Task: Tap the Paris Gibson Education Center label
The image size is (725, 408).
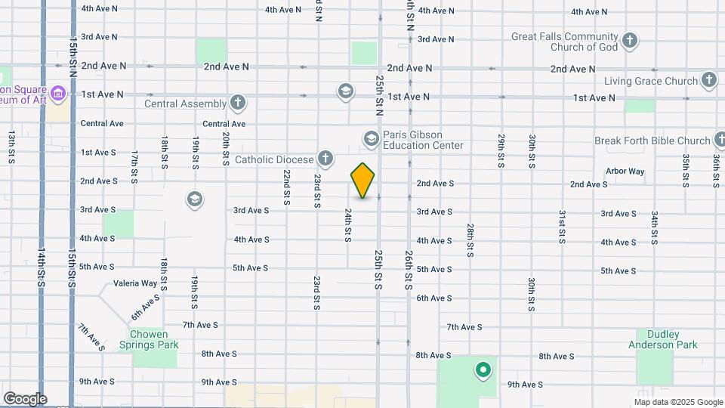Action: pos(422,140)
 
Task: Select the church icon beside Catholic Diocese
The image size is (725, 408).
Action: pos(325,159)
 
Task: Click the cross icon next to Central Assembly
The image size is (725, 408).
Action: pos(238,103)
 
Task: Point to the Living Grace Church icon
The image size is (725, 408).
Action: pos(708,79)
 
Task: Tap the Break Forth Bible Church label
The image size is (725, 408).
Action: pos(652,141)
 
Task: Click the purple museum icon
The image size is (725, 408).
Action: pos(59,94)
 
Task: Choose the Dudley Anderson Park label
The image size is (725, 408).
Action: pos(662,339)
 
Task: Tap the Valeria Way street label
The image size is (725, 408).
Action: pos(135,283)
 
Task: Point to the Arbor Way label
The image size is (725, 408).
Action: pos(625,172)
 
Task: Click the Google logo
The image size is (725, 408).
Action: pos(25,399)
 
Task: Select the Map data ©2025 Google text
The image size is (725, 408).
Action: pos(677,402)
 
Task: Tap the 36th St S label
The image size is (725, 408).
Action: pos(716,171)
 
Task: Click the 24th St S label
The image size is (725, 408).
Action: pos(348,225)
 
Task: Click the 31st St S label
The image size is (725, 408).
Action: pos(562,227)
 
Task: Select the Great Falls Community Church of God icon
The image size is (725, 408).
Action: pos(630,39)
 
